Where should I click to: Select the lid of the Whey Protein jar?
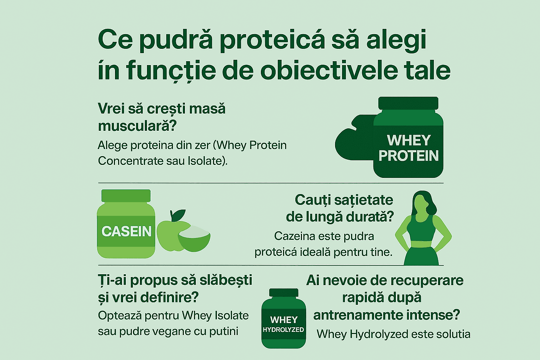point(408,103)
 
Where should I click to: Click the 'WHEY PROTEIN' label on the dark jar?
point(409,148)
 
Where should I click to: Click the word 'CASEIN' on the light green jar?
point(126,231)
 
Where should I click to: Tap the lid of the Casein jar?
point(126,196)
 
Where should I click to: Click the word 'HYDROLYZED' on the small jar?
point(283,330)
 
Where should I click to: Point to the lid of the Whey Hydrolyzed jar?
point(283,292)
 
